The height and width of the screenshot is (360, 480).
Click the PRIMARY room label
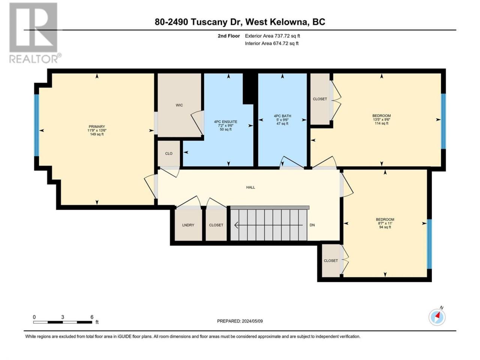point(97,126)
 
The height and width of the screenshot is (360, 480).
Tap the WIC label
point(179,105)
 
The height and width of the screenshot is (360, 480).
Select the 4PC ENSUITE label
point(225,122)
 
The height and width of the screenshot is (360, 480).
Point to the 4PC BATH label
point(282,116)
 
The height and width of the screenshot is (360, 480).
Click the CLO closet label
point(169,153)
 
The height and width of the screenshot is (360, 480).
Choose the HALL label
point(250,187)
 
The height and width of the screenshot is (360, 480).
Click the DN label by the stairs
point(312,225)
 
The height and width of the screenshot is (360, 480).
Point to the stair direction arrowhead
point(236,225)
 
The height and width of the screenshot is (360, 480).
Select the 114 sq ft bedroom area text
point(381,123)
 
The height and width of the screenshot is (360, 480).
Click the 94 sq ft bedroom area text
point(385,227)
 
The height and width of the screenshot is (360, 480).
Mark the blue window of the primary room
point(36,125)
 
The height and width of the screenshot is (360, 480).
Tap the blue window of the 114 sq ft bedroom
point(443,121)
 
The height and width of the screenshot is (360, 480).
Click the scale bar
point(63,322)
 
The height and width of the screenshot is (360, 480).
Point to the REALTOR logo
point(35,33)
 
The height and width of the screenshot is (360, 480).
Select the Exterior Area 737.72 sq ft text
point(272,36)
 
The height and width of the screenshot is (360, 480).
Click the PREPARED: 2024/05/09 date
point(240,321)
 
